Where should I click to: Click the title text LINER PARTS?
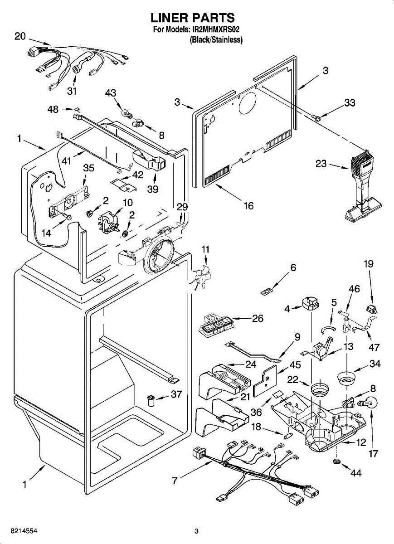193,18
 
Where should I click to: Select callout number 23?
321,164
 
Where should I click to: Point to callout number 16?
248,205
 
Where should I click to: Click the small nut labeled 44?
336,461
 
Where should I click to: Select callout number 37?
176,394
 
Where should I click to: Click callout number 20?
20,36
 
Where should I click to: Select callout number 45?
295,364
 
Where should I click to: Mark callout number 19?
369,264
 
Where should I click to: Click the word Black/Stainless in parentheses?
216,40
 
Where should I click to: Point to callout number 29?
182,207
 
